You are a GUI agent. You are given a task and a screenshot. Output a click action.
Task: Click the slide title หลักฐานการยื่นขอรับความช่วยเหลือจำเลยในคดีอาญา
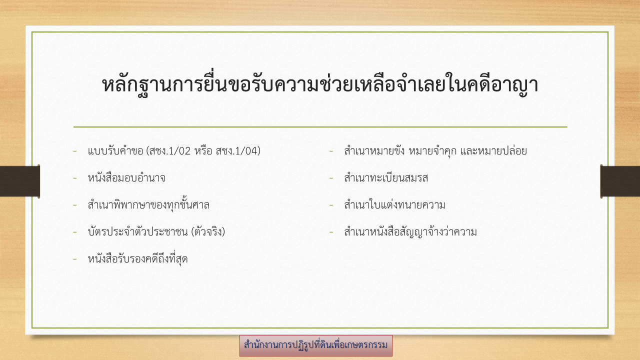point(320,84)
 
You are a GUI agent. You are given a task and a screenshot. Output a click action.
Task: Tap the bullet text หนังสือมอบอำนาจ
point(126,177)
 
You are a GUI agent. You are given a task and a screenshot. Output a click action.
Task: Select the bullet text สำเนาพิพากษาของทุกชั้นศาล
point(148,204)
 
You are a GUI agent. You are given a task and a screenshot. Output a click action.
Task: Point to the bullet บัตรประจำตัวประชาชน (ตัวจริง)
point(156,231)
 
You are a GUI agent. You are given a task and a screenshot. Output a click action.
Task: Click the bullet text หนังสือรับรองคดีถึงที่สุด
point(137,258)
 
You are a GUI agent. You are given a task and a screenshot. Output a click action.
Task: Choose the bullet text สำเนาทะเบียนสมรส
point(386,177)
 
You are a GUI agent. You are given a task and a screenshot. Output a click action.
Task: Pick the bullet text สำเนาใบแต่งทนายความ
point(394,204)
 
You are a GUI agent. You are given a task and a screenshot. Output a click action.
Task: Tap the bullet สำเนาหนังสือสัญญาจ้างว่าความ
point(410,231)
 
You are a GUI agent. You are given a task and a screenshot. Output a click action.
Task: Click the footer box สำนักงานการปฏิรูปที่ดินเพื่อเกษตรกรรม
point(315,345)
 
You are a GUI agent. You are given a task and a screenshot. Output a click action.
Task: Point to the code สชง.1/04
point(236,151)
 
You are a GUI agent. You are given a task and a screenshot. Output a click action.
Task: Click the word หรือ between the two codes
point(203,150)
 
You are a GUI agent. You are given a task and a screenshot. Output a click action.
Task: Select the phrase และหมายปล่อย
point(493,150)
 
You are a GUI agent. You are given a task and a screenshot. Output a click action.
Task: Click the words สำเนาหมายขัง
point(374,150)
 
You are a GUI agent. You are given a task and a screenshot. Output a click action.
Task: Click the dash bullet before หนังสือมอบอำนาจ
point(75,178)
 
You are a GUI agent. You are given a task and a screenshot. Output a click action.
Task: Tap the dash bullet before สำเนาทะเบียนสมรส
point(331,178)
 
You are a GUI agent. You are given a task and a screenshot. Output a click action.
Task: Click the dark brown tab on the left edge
point(19,181)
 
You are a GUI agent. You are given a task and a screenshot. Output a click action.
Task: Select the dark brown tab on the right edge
point(620,181)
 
